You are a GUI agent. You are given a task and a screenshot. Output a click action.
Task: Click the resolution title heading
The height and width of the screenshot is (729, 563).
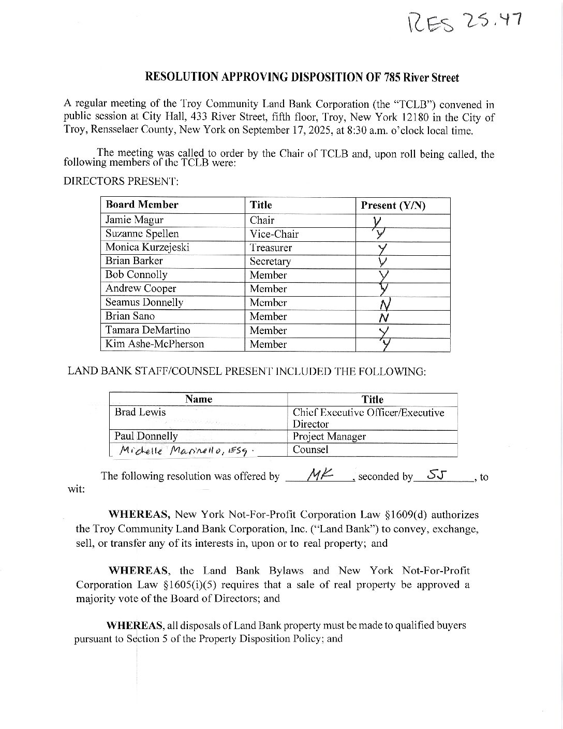point(302,78)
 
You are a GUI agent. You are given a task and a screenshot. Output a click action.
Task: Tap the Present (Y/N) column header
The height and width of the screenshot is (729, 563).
point(393,206)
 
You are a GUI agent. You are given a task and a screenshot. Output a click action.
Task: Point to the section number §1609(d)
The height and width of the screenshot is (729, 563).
point(407,515)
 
